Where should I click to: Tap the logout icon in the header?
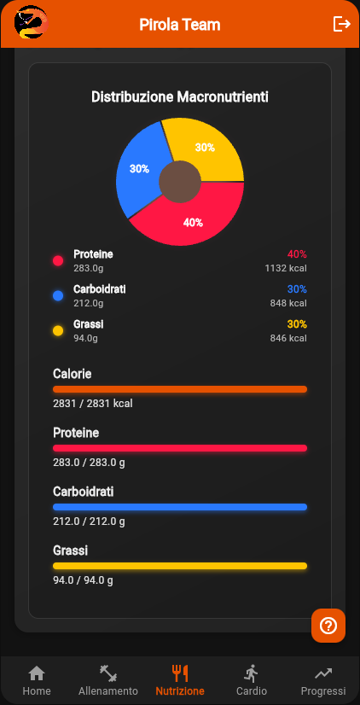[x=341, y=24]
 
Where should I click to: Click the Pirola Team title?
[x=180, y=25]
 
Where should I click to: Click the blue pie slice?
[x=138, y=171]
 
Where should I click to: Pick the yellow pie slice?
[x=206, y=147]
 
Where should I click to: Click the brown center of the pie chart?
[x=180, y=182]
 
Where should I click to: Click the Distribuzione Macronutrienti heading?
[x=180, y=97]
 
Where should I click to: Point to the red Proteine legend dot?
[x=58, y=260]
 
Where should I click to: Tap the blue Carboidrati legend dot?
[x=58, y=295]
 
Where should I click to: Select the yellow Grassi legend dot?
[x=58, y=330]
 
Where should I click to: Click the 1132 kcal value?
[x=286, y=268]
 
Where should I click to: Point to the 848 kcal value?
[x=288, y=303]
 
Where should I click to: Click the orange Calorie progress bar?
[x=180, y=389]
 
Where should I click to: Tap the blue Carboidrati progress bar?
[x=180, y=507]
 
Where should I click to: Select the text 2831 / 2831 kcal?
[x=93, y=404]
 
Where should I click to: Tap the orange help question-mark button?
[x=328, y=626]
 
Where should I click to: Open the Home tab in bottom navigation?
[x=37, y=680]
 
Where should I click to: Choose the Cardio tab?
[x=252, y=680]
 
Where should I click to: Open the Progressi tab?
[x=323, y=680]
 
